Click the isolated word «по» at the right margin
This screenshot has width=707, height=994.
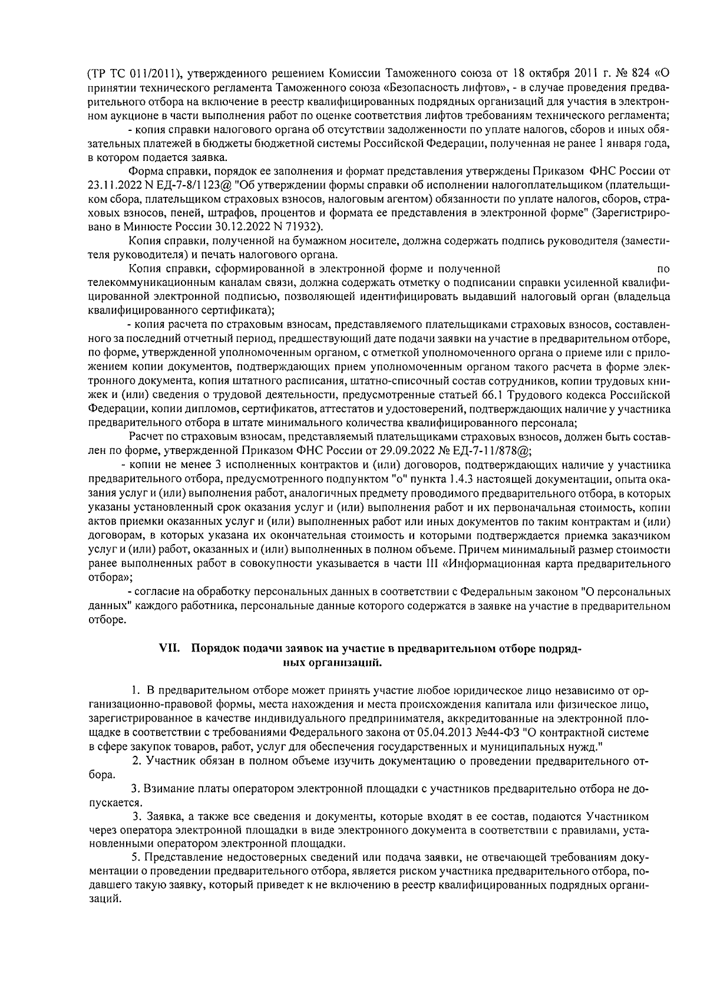663,269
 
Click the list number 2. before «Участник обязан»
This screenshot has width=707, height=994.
136,761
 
